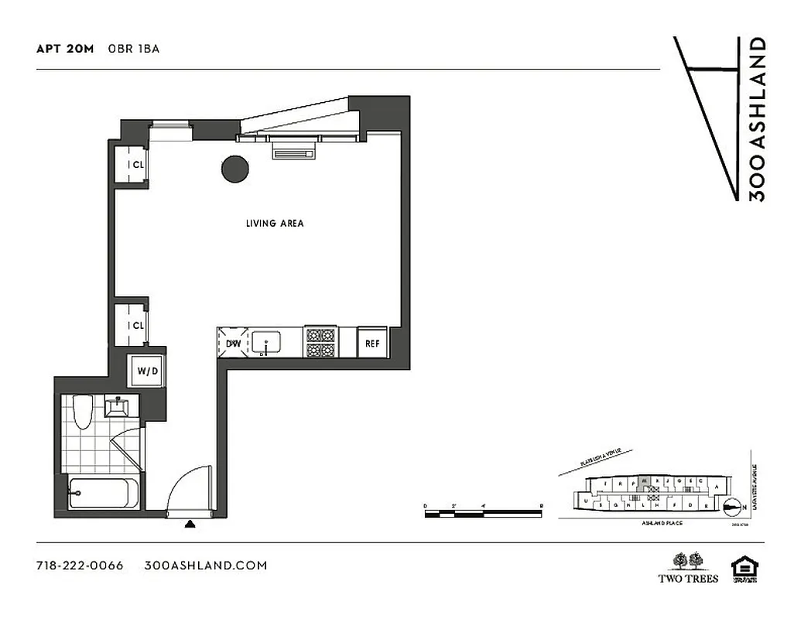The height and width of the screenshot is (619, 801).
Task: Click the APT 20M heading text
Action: coord(65,49)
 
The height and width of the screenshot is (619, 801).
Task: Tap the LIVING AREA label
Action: coord(275,224)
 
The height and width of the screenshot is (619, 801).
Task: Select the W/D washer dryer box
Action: coord(148,371)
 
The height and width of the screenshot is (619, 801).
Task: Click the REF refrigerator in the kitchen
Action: coord(372,343)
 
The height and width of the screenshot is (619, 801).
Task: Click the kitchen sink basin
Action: coord(269,342)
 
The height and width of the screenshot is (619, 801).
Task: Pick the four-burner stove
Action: coord(320,343)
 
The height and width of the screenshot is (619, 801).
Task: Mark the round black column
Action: coord(234,169)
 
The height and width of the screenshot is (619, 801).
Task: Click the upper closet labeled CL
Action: coord(132,164)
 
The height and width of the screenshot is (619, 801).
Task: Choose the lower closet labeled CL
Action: coord(132,325)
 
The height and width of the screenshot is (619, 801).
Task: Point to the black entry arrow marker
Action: coord(190,525)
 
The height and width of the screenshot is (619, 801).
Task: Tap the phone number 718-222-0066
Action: coord(80,566)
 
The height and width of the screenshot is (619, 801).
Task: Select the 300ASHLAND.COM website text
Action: coord(206,566)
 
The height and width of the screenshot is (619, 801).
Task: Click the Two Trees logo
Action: coord(688,567)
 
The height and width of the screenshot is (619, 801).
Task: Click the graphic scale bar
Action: coord(483,511)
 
